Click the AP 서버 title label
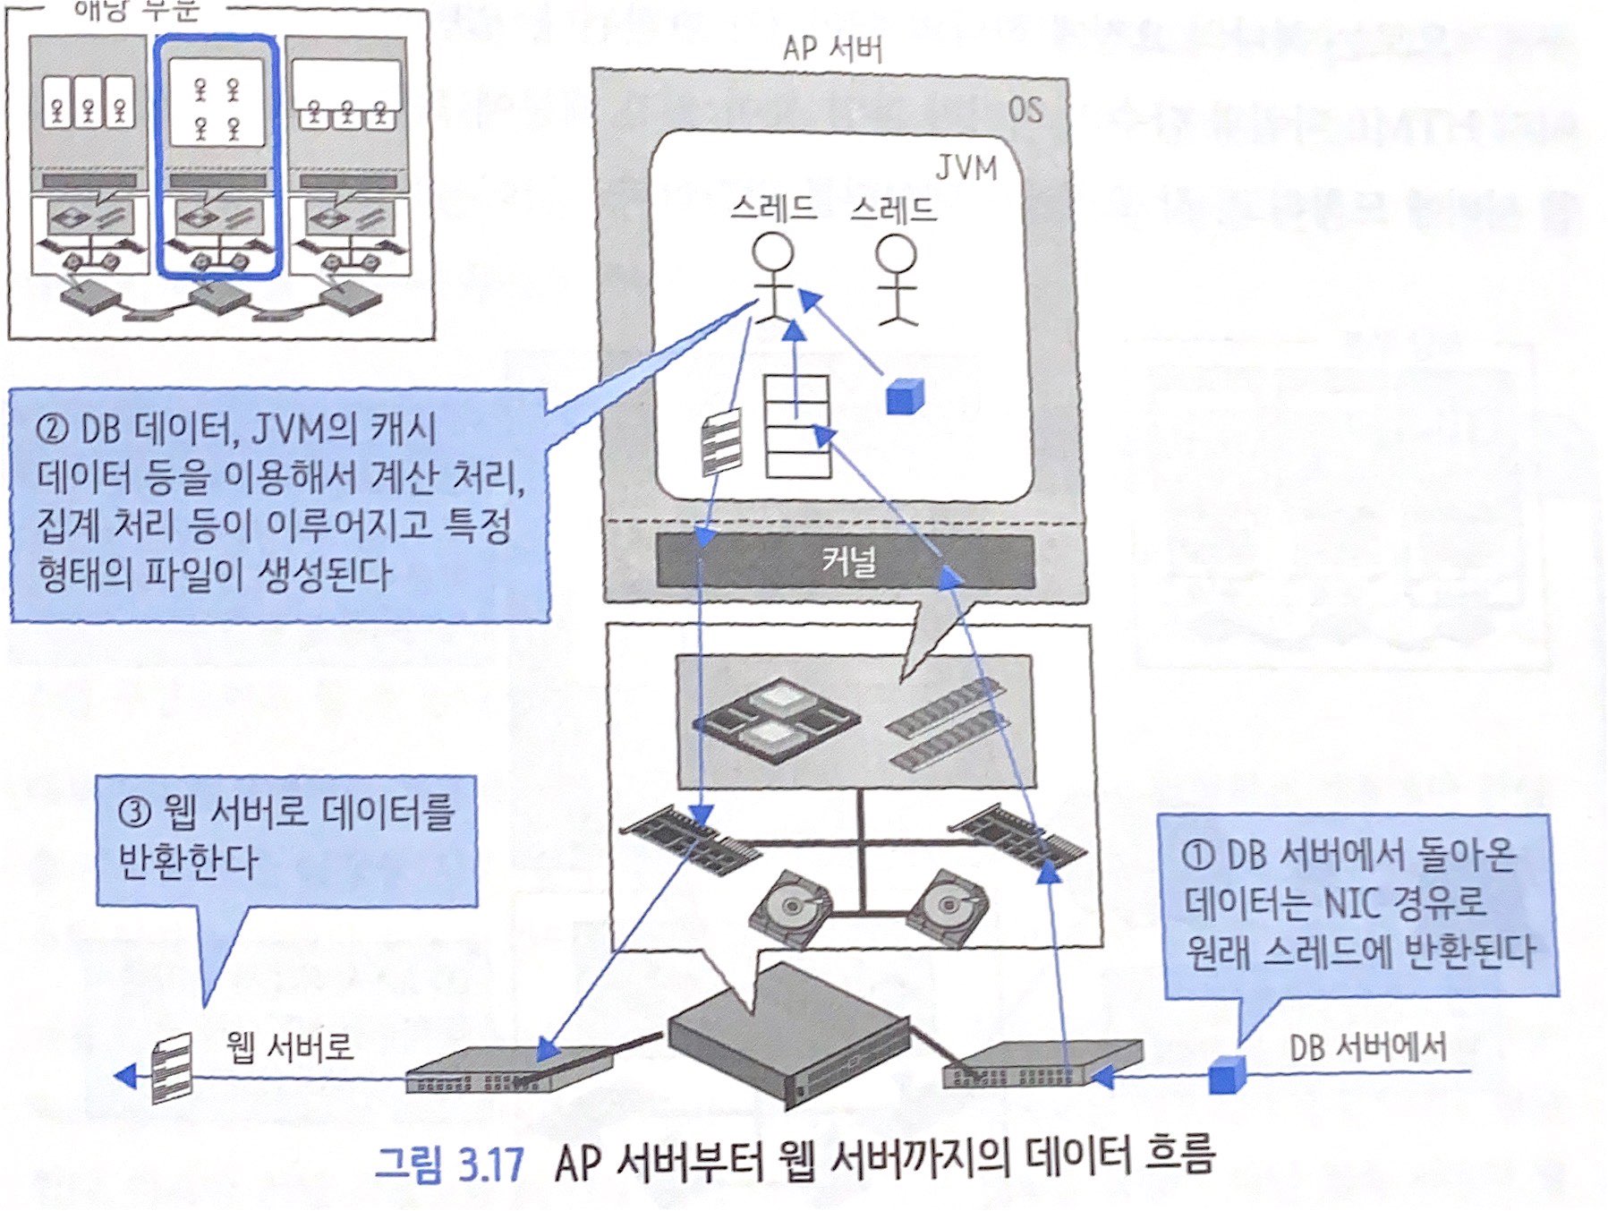pos(831,48)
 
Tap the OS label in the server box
pos(1025,110)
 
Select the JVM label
pos(966,167)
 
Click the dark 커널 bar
pos(845,561)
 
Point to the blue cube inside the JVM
pos(904,397)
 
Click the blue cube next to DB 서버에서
pos(1227,1074)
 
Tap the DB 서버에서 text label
pos(1367,1047)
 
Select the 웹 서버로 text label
pos(289,1045)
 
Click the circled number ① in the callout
pos(1198,856)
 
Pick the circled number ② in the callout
pos(53,429)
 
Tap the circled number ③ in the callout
pos(135,813)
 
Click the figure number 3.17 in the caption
pos(489,1164)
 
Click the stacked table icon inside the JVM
pos(796,425)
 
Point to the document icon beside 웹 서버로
pos(172,1068)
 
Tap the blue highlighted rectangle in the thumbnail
pos(217,156)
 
